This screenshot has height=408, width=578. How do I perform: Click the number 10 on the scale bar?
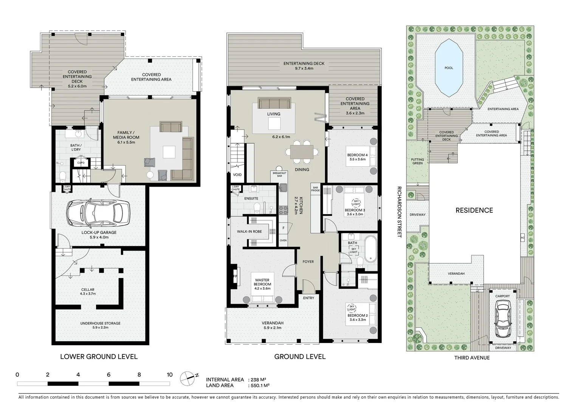click(169, 375)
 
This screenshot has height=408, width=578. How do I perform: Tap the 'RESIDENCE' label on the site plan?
click(474, 210)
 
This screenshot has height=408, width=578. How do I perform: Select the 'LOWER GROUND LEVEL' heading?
click(99, 357)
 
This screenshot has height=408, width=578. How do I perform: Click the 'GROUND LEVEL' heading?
click(300, 357)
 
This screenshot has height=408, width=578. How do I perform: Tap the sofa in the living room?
click(274, 103)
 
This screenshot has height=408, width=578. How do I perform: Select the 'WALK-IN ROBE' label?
click(249, 231)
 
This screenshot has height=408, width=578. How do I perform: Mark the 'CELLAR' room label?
click(88, 290)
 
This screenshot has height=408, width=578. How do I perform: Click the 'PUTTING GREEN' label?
click(417, 162)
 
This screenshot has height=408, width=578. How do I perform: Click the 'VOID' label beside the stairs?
click(237, 175)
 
